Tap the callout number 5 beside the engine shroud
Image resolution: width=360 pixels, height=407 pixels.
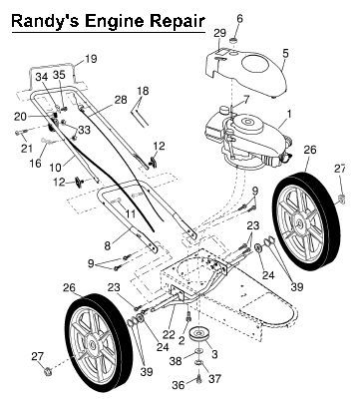[x=285, y=53]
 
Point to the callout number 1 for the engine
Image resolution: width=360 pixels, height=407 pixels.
[x=289, y=115]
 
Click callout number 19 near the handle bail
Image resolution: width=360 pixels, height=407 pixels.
[x=91, y=59]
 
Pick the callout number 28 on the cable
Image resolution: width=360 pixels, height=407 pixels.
[x=121, y=100]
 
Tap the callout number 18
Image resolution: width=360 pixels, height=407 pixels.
[x=143, y=91]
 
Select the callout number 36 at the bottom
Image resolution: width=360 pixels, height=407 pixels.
[x=179, y=385]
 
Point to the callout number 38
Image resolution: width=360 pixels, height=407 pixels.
[x=176, y=360]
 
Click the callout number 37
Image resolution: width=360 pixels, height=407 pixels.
[x=214, y=378]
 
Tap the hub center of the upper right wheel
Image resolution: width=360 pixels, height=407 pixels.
[x=301, y=223]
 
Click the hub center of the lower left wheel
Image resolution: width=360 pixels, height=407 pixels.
[x=93, y=345]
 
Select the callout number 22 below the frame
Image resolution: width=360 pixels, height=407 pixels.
[x=169, y=334]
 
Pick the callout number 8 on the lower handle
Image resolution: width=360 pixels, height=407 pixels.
[x=108, y=246]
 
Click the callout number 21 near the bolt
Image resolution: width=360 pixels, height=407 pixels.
[x=27, y=148]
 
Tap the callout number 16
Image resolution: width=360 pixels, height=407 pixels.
[x=35, y=164]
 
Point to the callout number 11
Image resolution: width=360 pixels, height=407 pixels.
[x=131, y=213]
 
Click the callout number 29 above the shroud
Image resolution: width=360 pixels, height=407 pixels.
[x=219, y=33]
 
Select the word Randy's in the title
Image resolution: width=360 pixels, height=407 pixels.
[x=46, y=22]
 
